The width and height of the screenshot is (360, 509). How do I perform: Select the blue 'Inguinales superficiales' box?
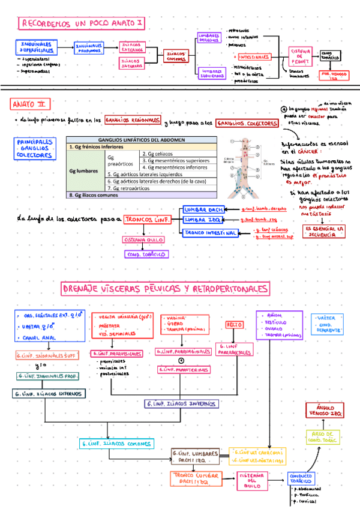point(35,47)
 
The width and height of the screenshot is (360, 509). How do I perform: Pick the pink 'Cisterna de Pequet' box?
point(301,56)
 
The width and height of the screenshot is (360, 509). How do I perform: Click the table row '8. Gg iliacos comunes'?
point(140,195)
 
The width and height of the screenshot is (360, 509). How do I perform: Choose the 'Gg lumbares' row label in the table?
point(84,170)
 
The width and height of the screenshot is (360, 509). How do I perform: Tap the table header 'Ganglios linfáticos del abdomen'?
point(140,140)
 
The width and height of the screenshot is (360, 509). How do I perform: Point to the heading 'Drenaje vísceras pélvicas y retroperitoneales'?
point(165,290)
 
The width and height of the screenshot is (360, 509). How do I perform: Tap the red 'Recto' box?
point(233,324)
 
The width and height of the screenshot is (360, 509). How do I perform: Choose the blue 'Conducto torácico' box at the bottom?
point(304,477)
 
